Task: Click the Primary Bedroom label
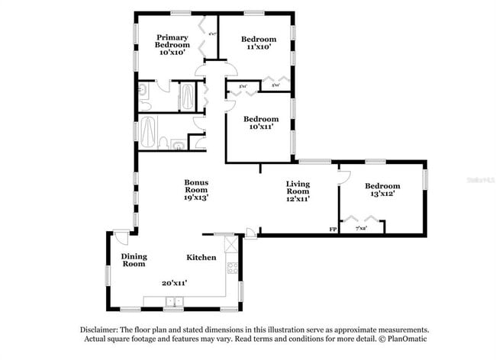pos(173,45)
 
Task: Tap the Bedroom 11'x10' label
pos(258,43)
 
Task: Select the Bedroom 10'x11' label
pos(259,123)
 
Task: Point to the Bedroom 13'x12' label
pos(382,191)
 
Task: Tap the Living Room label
pos(298,190)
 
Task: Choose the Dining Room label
pos(134,260)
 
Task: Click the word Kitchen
pos(201,258)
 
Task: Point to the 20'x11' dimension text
pos(175,282)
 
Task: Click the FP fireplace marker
pos(333,229)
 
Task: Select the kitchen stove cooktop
pos(232,268)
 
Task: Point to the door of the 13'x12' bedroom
pos(343,178)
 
